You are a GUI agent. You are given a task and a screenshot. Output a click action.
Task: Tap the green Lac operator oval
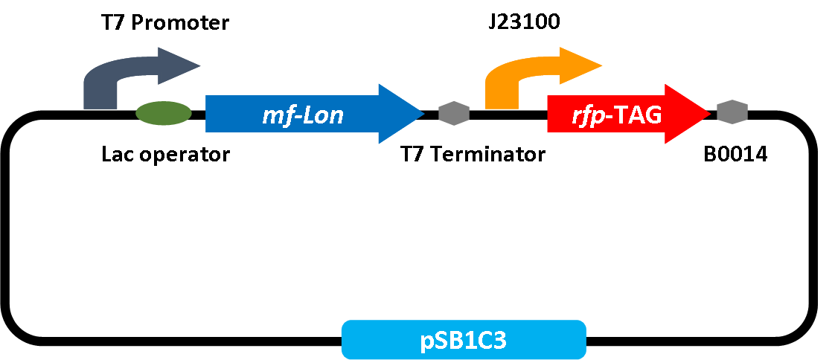[164, 112]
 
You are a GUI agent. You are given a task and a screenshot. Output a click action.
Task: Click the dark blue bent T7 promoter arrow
[100, 86]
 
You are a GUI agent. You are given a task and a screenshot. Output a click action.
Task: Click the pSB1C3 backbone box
[464, 341]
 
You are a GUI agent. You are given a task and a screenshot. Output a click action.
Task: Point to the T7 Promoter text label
[165, 23]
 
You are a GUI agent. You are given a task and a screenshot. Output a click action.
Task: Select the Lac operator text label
[165, 155]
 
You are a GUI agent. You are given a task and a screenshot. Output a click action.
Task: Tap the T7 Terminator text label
[473, 155]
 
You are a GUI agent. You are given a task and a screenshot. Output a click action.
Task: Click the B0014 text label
[735, 155]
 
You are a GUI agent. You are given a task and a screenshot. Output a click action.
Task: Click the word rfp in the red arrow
[586, 115]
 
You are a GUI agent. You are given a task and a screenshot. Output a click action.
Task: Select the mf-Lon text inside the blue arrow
[302, 115]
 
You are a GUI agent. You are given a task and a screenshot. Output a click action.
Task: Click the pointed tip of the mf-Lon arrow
[420, 114]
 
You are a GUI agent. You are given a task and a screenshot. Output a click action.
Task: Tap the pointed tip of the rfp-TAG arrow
[707, 114]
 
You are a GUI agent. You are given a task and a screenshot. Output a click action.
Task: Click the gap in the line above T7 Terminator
[454, 115]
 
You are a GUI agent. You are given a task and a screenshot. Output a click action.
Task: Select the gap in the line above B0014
[732, 115]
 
